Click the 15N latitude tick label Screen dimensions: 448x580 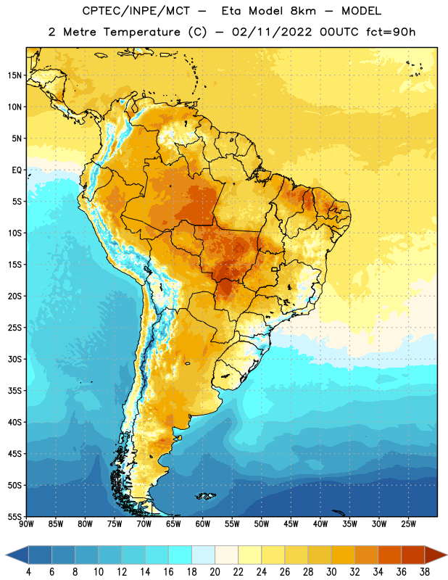pyautogui.click(x=14, y=75)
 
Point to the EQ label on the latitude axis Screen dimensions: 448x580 pyautogui.click(x=17, y=170)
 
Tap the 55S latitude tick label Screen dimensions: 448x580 pyautogui.click(x=14, y=516)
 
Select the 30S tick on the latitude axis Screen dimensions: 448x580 pyautogui.click(x=14, y=359)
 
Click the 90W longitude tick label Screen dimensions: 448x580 pyautogui.click(x=26, y=524)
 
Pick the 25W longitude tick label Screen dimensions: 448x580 pyautogui.click(x=408, y=524)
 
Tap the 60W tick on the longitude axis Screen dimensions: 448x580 pyautogui.click(x=203, y=524)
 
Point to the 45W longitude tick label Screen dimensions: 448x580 pyautogui.click(x=291, y=524)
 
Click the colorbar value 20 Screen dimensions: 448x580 pyautogui.click(x=215, y=572)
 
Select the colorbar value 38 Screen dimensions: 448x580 pyautogui.click(x=425, y=572)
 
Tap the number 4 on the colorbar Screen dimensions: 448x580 pyautogui.click(x=28, y=572)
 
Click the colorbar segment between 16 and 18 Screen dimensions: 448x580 pyautogui.click(x=181, y=555)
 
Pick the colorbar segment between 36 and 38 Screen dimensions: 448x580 pyautogui.click(x=413, y=555)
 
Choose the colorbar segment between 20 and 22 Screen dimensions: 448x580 pyautogui.click(x=227, y=555)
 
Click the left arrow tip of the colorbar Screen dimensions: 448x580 pyautogui.click(x=6, y=555)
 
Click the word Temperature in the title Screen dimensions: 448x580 pyautogui.click(x=141, y=32)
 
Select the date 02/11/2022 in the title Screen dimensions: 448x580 pyautogui.click(x=272, y=32)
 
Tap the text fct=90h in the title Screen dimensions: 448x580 pyautogui.click(x=391, y=32)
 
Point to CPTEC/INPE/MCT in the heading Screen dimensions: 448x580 pyautogui.click(x=136, y=11)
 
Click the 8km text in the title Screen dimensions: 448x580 pyautogui.click(x=303, y=11)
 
